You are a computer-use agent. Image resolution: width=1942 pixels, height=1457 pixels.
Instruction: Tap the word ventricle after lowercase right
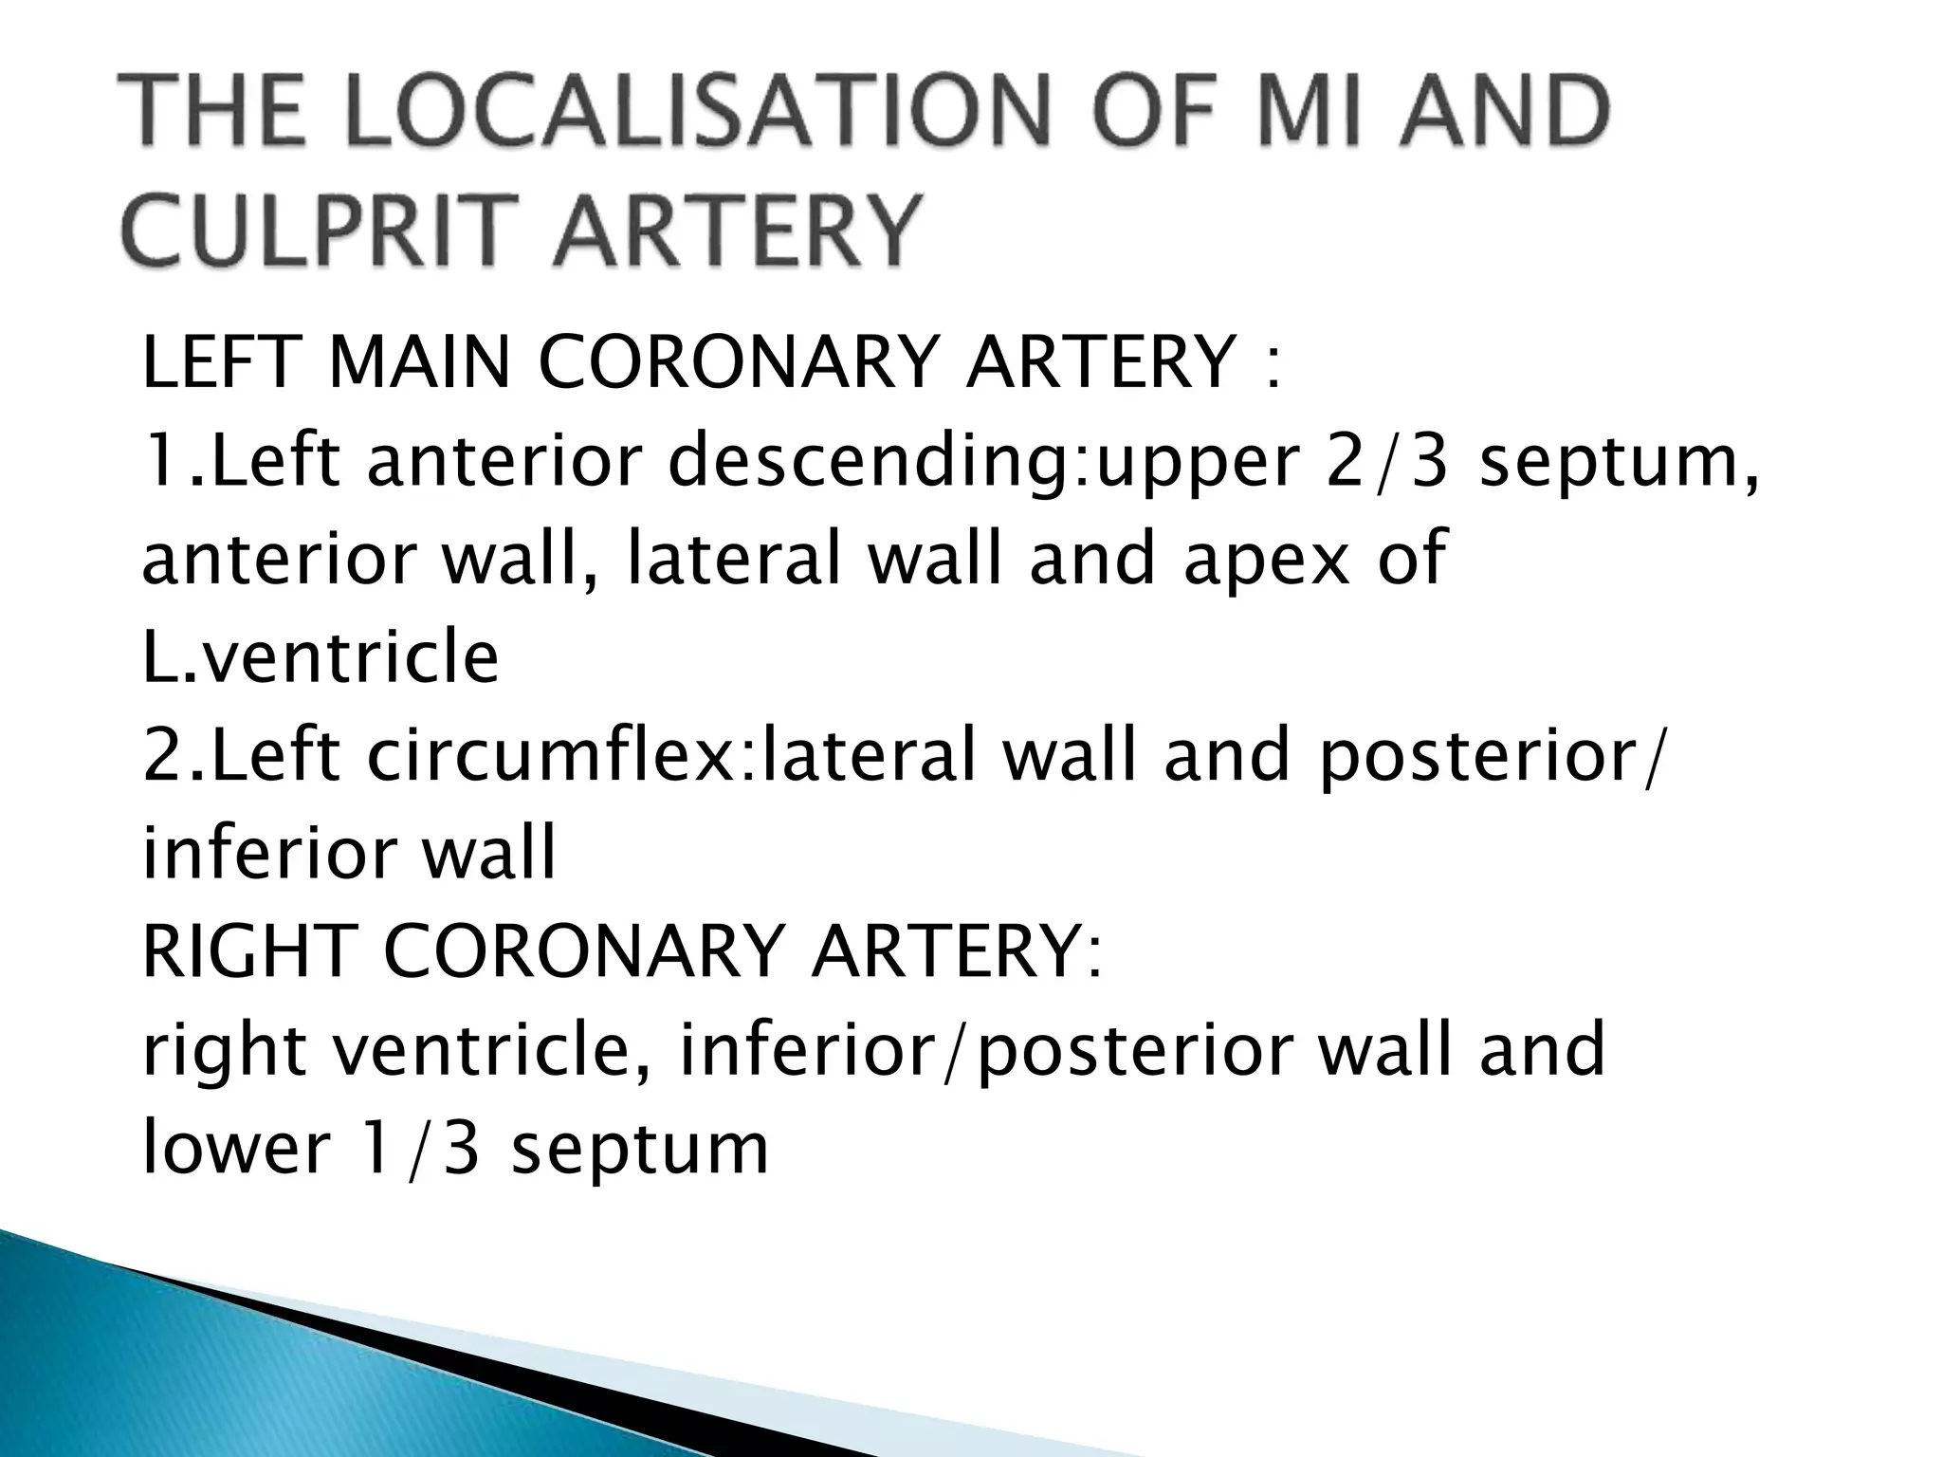[490, 1050]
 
